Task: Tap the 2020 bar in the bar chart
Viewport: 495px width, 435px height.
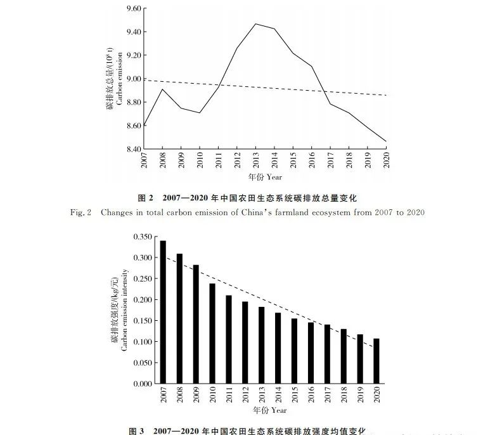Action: [377, 361]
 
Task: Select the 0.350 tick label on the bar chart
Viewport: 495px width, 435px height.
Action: [143, 237]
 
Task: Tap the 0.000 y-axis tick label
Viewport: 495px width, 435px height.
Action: [143, 384]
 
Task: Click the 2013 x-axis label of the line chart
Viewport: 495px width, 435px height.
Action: [255, 162]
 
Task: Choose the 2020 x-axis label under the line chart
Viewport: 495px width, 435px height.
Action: [386, 162]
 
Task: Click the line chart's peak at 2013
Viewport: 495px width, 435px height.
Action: [255, 24]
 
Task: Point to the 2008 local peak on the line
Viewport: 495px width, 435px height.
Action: [163, 89]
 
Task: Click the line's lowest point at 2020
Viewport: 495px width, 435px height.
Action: [386, 141]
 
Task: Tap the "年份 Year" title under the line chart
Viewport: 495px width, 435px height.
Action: [265, 179]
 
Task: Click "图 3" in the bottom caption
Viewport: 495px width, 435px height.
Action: [137, 431]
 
